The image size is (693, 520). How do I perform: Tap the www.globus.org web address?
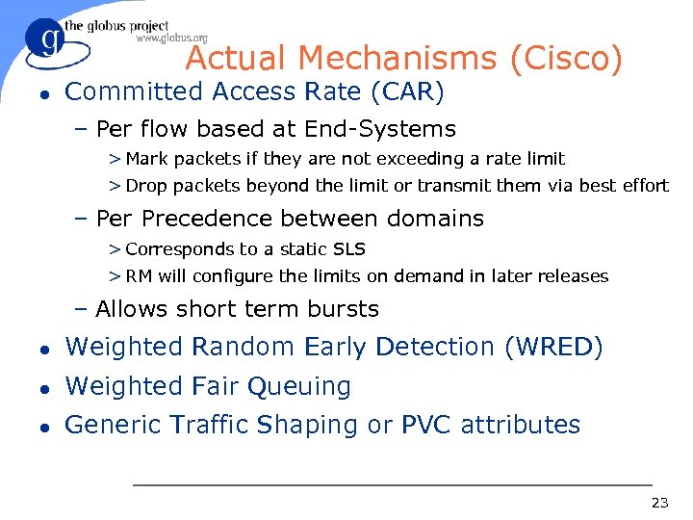coord(170,39)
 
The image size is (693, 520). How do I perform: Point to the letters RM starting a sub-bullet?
coord(139,276)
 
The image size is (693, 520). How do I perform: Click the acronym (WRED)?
coord(553,347)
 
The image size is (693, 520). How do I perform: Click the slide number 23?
coord(659,502)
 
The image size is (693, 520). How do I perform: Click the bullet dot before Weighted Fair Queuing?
coord(44,387)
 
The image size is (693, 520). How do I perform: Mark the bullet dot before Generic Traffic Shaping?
coord(44,426)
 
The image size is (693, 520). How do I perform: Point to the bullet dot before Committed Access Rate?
coord(44,93)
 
